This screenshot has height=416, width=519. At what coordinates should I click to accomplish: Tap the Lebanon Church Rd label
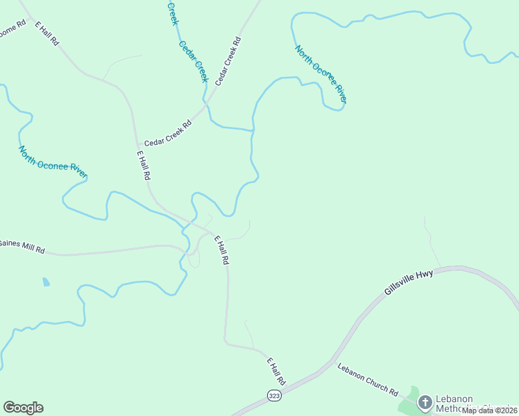pyautogui.click(x=368, y=381)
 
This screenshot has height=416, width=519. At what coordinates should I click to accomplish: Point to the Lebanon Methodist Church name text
pyautogui.click(x=472, y=404)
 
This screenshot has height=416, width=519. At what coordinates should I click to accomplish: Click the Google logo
pyautogui.click(x=23, y=408)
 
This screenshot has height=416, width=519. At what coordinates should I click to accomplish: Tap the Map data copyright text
pyautogui.click(x=489, y=410)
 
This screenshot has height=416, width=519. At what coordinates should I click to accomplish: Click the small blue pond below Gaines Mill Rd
pyautogui.click(x=46, y=282)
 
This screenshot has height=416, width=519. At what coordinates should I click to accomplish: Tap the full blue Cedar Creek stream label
pyautogui.click(x=194, y=61)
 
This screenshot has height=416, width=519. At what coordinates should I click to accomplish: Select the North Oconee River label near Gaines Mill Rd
pyautogui.click(x=53, y=162)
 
